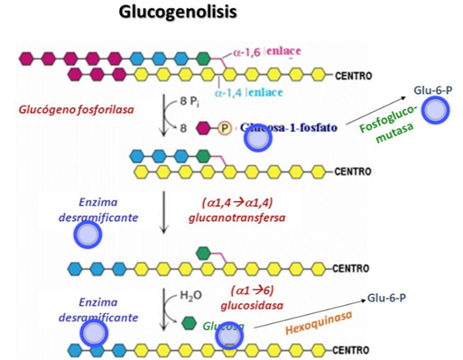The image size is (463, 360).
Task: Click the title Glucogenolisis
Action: click(x=186, y=15)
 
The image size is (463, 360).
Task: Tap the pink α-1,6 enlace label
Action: click(x=262, y=53)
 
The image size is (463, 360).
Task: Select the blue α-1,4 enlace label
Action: click(x=247, y=93)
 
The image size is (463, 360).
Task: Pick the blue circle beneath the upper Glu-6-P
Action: click(x=438, y=111)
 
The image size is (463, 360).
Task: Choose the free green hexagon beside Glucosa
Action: click(x=190, y=321)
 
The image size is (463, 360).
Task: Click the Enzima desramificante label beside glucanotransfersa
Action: click(x=89, y=210)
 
